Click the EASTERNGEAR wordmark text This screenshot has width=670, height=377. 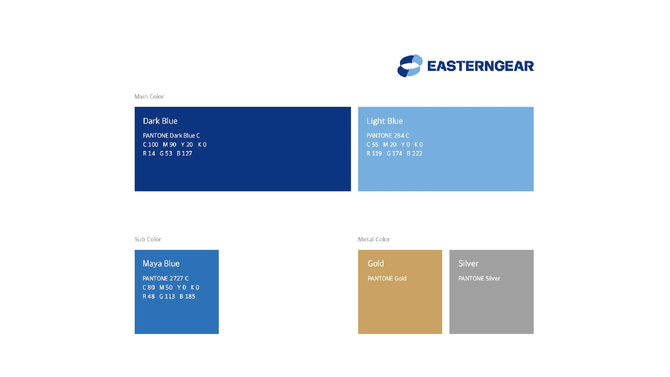click(481, 66)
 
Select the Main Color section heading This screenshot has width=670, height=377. click(149, 96)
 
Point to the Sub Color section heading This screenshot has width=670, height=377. click(148, 239)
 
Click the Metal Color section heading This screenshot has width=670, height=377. click(374, 239)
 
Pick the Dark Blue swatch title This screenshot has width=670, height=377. click(160, 121)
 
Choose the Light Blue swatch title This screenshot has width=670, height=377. click(385, 121)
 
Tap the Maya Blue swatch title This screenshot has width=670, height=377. click(161, 264)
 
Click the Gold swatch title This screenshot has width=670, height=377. click(376, 264)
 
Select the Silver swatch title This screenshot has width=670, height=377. click(468, 264)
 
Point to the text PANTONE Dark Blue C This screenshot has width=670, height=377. click(171, 135)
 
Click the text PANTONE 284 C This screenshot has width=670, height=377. click(388, 135)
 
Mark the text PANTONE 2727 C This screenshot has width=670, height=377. click(165, 278)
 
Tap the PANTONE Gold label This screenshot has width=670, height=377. click(387, 278)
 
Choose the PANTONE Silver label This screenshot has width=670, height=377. click(479, 278)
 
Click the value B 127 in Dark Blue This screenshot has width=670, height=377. click(184, 153)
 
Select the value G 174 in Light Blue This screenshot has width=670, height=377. click(394, 153)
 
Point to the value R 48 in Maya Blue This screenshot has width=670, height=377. click(149, 296)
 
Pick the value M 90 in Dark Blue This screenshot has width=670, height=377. click(170, 145)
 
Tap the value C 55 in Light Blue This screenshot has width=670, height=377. click(372, 145)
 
